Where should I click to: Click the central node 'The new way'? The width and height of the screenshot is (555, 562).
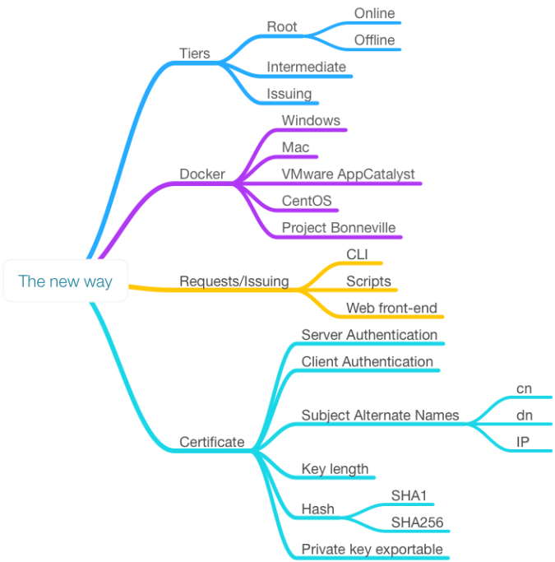pos(65,281)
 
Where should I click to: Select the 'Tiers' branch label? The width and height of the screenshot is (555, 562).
pos(195,53)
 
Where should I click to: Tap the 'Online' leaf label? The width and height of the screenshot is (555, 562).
pos(374,14)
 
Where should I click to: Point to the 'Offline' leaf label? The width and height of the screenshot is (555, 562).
pos(374,39)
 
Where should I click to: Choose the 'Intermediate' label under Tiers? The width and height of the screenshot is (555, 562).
pos(307,67)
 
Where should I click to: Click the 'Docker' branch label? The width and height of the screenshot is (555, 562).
pos(201,174)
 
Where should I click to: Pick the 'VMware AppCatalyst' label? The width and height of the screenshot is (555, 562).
pos(347,174)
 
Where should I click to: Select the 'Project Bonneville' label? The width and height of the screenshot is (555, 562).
pos(338,228)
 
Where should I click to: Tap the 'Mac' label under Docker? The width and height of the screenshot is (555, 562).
pos(295,147)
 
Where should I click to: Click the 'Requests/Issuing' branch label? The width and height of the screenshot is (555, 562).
pos(234,281)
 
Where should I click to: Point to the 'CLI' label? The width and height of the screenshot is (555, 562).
pos(357,253)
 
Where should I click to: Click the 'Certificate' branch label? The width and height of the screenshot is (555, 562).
pos(212,442)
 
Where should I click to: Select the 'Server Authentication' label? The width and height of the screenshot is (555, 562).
pos(369,334)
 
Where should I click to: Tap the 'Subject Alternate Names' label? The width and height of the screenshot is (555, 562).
pos(380,415)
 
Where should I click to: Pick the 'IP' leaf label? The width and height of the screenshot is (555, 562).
pos(522,442)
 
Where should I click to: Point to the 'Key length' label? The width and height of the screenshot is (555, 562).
pos(335,469)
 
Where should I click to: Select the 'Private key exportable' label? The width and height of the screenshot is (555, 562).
pos(372,549)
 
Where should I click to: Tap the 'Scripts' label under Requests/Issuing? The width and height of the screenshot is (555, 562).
pos(368,281)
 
